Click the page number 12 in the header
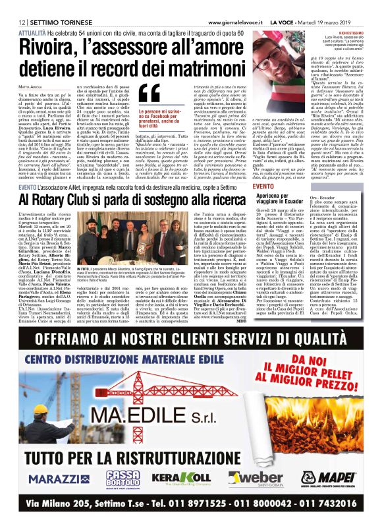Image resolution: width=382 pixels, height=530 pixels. point(13,5)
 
